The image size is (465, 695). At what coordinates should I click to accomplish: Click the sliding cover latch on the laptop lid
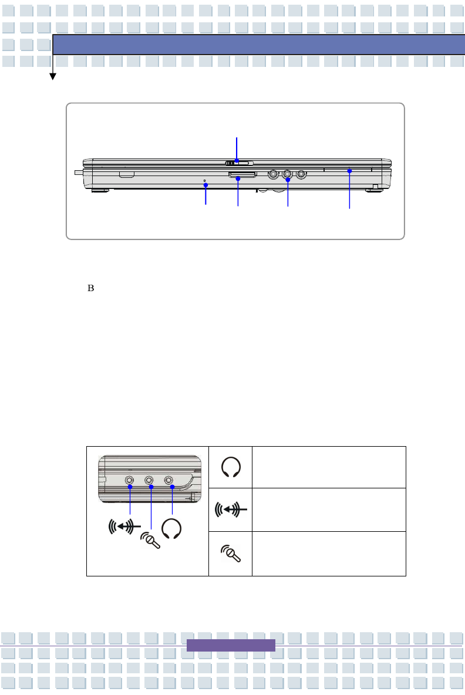[x=239, y=163]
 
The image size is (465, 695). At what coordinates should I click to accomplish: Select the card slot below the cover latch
[x=242, y=175]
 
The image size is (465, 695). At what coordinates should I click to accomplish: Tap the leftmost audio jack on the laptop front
[x=274, y=174]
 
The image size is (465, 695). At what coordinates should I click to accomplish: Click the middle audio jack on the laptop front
[x=287, y=174]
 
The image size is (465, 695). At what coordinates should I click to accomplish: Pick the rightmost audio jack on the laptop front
[x=301, y=174]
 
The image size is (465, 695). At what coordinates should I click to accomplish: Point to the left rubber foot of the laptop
[x=100, y=191]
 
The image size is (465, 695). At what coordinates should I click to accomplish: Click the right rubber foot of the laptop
[x=373, y=191]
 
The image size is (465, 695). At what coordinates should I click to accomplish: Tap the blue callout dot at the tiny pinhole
[x=205, y=185]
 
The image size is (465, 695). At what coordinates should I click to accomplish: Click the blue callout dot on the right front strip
[x=349, y=171]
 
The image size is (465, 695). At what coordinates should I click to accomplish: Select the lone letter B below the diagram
[x=91, y=288]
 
